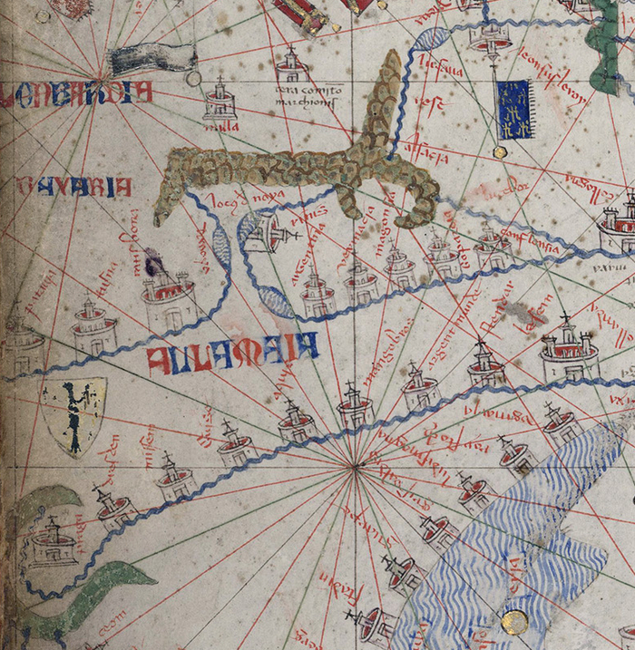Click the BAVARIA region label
tap(73, 188)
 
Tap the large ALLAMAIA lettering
tap(232, 347)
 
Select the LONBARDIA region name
tap(77, 93)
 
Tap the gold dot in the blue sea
tap(514, 621)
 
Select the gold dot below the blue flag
tap(499, 151)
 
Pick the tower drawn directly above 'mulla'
tap(220, 99)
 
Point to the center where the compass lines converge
tap(352, 467)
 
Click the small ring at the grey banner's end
tap(193, 78)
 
